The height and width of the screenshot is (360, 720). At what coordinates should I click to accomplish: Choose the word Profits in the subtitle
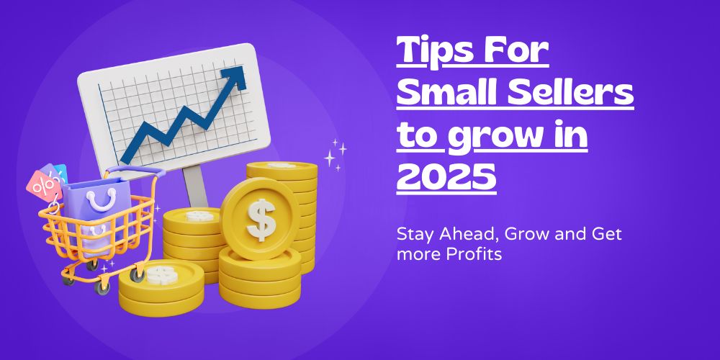(467, 254)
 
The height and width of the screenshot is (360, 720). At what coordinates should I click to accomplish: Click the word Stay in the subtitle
(413, 234)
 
